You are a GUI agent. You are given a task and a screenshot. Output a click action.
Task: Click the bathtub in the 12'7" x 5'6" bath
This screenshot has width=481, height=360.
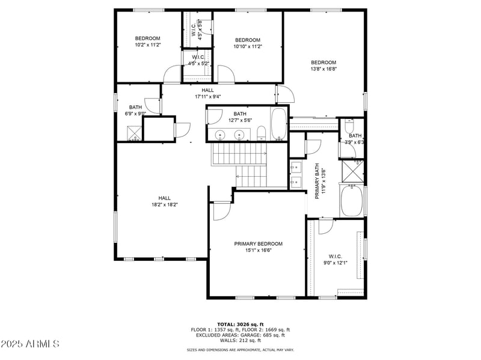278,124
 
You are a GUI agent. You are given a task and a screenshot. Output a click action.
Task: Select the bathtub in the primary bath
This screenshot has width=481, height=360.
352,201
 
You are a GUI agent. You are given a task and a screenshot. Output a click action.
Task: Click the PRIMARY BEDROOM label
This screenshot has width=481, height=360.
258,243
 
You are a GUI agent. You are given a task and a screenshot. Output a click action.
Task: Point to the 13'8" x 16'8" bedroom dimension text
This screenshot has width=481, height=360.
323,69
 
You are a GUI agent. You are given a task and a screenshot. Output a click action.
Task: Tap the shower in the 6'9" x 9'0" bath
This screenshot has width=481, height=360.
134,133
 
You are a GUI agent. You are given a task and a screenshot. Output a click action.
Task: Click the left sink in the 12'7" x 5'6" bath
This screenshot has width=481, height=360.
221,135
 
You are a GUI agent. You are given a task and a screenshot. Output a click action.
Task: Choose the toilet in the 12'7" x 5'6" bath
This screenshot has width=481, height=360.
261,133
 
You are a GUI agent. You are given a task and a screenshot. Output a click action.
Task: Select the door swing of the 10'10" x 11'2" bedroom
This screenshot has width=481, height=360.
225,75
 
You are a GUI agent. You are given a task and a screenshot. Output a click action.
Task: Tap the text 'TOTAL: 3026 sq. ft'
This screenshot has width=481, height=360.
240,324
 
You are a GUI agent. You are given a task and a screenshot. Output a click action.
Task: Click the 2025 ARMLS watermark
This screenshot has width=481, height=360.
30,344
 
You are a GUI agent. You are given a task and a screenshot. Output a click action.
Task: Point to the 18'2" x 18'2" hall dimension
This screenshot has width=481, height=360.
164,204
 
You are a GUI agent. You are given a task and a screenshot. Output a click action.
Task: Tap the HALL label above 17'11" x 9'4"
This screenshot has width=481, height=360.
207,90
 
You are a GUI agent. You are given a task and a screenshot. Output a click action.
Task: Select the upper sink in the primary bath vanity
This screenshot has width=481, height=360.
296,166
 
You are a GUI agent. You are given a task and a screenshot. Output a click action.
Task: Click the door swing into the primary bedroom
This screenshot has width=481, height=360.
221,210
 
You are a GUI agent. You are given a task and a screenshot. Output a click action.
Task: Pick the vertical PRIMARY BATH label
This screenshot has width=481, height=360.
317,181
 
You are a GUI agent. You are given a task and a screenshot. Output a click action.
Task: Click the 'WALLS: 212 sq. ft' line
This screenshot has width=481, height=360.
240,340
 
